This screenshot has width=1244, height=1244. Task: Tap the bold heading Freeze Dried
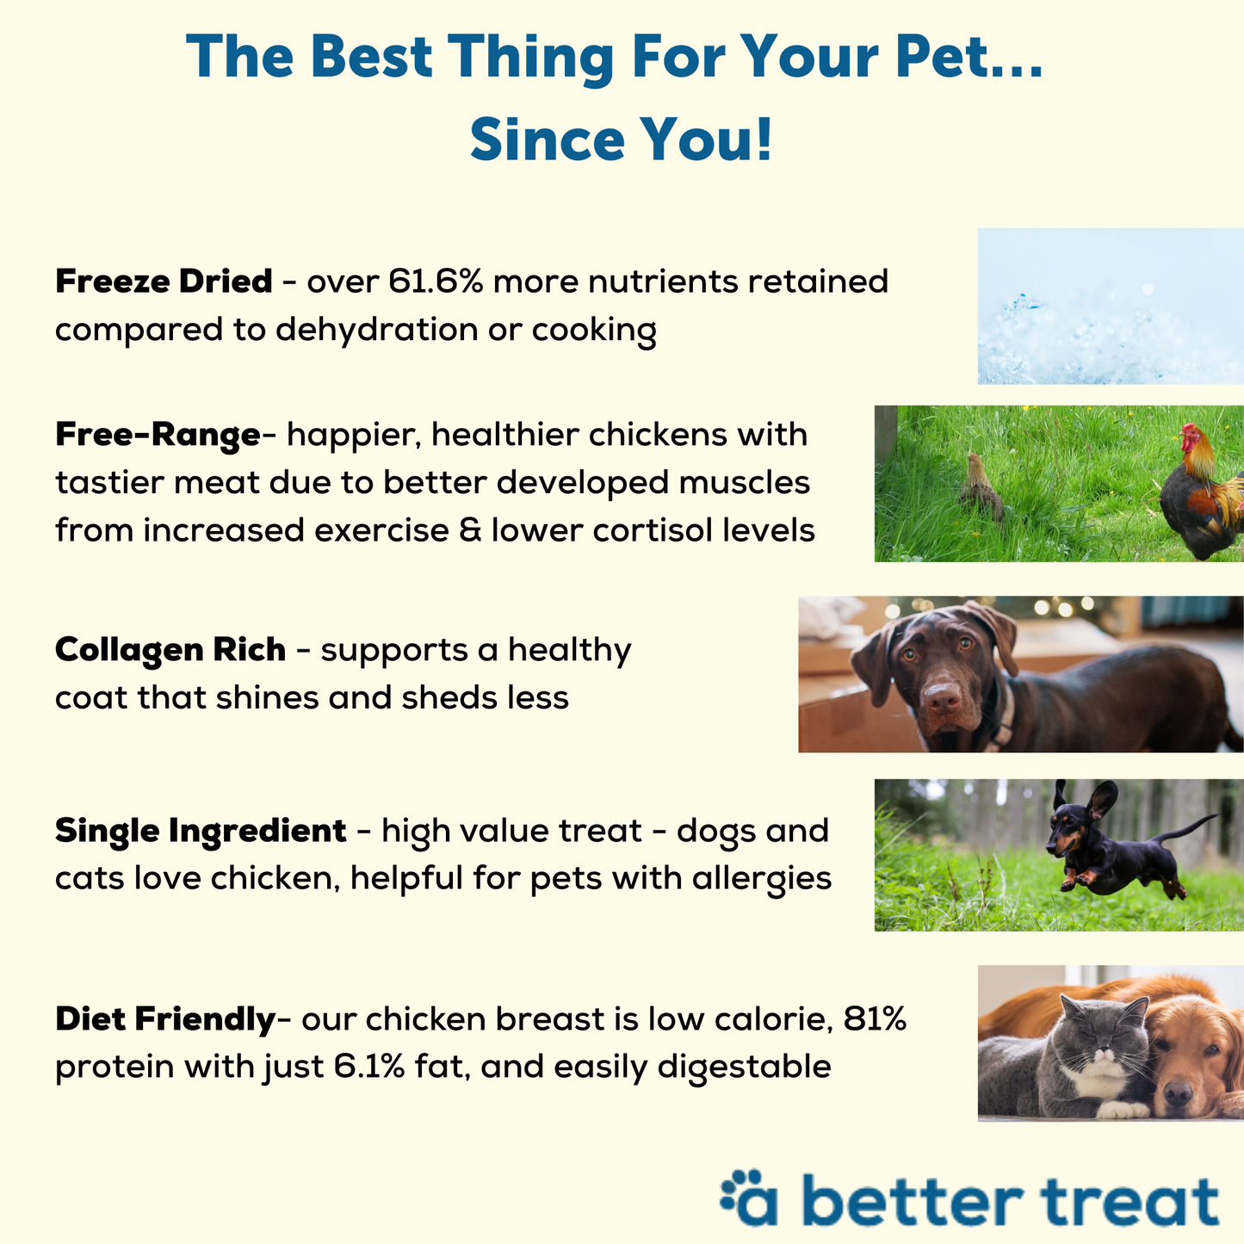click(x=164, y=282)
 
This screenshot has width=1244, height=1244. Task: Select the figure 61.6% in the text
click(x=436, y=282)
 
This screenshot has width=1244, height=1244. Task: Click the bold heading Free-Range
click(x=158, y=436)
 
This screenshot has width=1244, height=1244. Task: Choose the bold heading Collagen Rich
click(x=170, y=650)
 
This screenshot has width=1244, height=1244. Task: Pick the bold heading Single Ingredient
click(x=201, y=832)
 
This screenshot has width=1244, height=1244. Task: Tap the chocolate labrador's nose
click(x=942, y=696)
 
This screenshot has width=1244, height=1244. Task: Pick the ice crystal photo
click(x=1111, y=306)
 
